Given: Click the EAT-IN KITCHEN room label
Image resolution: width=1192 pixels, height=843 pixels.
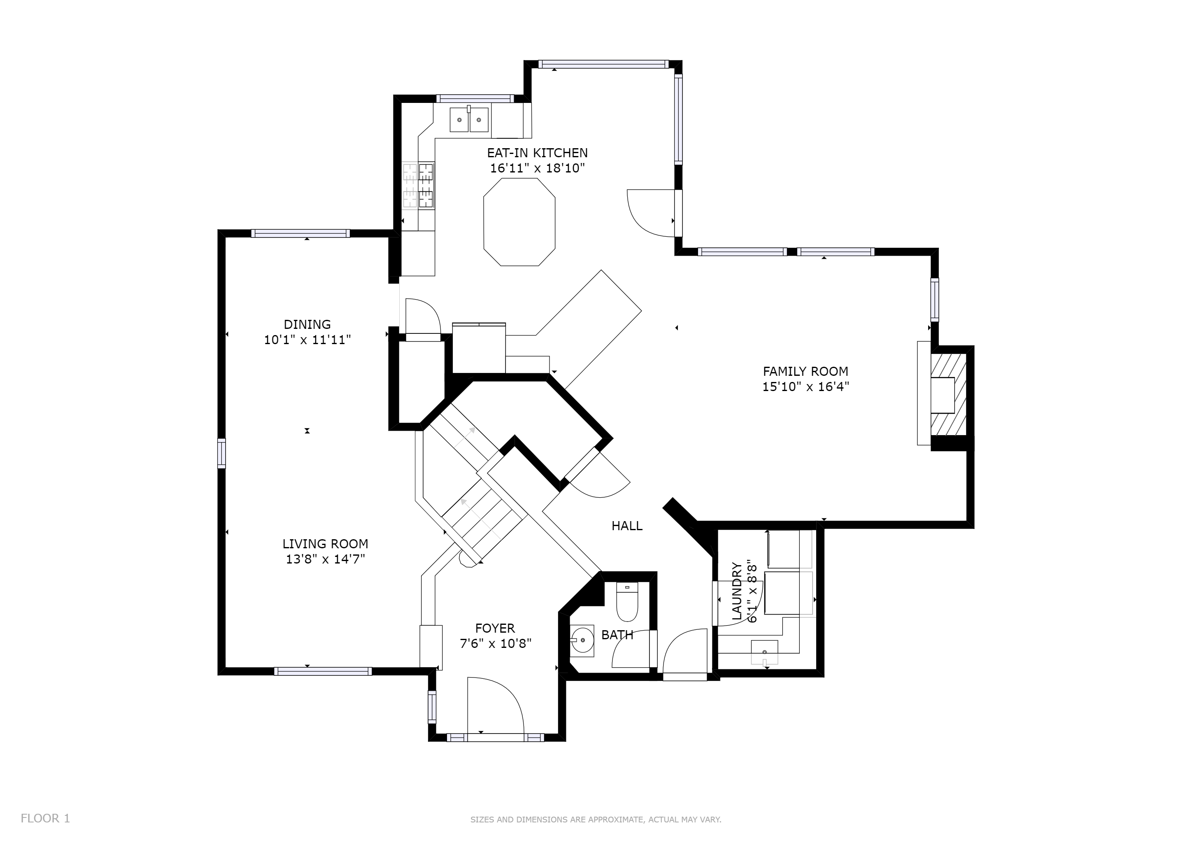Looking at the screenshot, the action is click(537, 153).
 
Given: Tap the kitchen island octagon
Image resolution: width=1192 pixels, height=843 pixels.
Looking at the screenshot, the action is click(519, 222).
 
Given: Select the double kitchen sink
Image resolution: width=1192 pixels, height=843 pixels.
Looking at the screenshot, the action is click(469, 119).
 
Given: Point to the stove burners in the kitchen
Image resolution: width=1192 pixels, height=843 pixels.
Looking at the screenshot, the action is click(419, 185).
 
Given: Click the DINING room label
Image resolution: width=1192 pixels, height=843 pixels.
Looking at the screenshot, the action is click(307, 324).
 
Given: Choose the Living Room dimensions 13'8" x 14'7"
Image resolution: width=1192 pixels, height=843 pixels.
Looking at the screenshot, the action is click(326, 559).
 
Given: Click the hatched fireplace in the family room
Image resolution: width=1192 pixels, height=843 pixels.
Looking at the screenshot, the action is click(948, 395).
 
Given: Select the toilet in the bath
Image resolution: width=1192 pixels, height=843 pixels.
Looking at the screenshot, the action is click(627, 603).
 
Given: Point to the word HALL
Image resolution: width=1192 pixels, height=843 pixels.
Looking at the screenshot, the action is click(627, 526).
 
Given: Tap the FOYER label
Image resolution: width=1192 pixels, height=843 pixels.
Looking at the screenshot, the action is click(495, 628).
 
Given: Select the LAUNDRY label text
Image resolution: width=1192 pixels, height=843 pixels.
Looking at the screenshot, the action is click(737, 591).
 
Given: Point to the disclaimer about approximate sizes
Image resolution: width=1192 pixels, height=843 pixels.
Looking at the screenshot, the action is click(596, 820).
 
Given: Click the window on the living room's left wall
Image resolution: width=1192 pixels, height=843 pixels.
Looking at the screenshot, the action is click(222, 453).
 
